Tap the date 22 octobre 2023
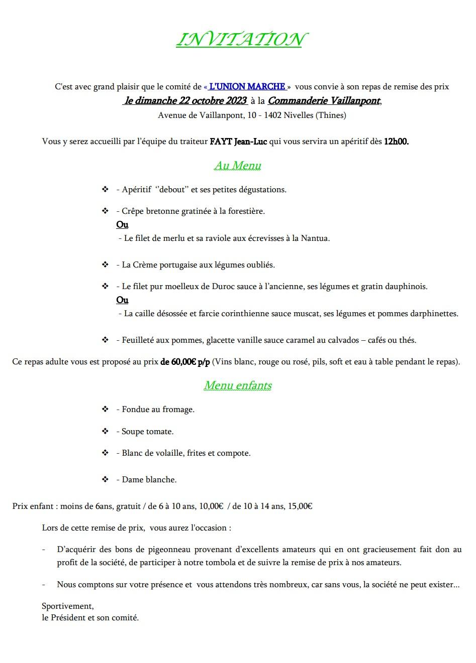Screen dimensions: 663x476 coord(212,101)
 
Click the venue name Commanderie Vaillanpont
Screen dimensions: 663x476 coord(324,101)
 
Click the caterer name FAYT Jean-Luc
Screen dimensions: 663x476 coord(238,142)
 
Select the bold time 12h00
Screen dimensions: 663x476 coord(396,142)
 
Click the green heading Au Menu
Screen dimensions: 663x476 coord(238,166)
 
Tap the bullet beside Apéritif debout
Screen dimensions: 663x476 coord(105,190)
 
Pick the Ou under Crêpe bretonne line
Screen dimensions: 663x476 coord(122,225)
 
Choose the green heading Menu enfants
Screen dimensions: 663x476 coord(238,385)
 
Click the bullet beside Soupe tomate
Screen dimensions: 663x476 coord(105,432)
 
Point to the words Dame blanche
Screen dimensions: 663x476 coord(149,480)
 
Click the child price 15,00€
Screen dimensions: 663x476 coord(300,506)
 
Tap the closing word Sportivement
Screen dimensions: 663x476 coord(67,606)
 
